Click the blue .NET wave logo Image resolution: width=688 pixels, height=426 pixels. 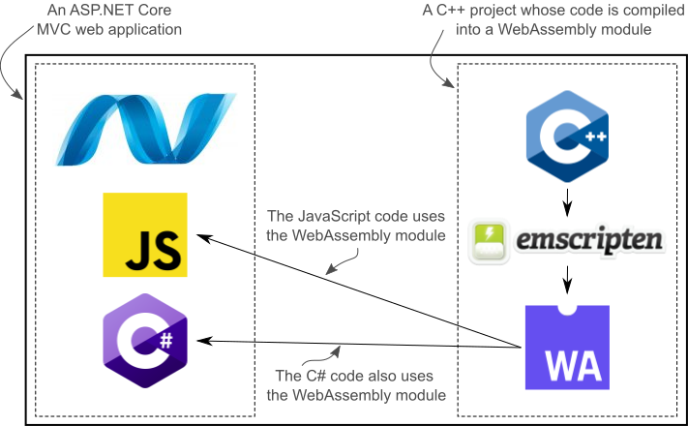(x=146, y=130)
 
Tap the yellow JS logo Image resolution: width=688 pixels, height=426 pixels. (x=145, y=234)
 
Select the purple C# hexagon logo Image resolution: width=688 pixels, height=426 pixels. (x=145, y=341)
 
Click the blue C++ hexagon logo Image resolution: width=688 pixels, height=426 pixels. (x=567, y=137)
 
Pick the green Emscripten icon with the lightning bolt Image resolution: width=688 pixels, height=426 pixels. (x=490, y=241)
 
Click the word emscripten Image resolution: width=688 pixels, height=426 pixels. (x=589, y=241)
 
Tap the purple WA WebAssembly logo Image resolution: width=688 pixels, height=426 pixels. (x=567, y=348)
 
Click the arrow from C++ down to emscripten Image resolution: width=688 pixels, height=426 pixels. (x=567, y=203)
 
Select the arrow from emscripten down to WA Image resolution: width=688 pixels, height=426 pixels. (x=567, y=280)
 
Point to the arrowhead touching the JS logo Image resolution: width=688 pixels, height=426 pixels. (x=203, y=238)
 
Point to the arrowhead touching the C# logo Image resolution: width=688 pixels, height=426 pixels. (x=204, y=341)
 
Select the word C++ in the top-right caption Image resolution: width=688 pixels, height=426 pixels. (x=451, y=10)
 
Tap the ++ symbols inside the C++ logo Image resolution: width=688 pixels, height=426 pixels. (x=596, y=137)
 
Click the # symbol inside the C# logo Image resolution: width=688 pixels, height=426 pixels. (x=165, y=341)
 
